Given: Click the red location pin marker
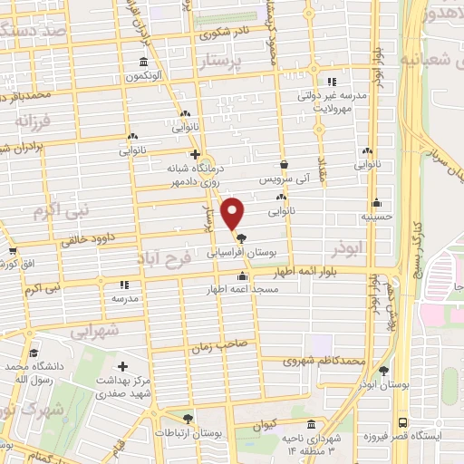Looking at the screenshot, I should click(x=233, y=214).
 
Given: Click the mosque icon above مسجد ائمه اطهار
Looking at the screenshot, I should click(x=242, y=276).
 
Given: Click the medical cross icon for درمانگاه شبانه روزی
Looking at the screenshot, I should click(x=195, y=154).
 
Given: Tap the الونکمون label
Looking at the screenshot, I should click(x=144, y=76).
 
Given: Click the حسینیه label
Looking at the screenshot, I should click(x=375, y=216).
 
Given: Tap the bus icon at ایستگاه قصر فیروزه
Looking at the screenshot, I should click(x=401, y=423).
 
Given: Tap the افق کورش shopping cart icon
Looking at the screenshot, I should click(x=13, y=251).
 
